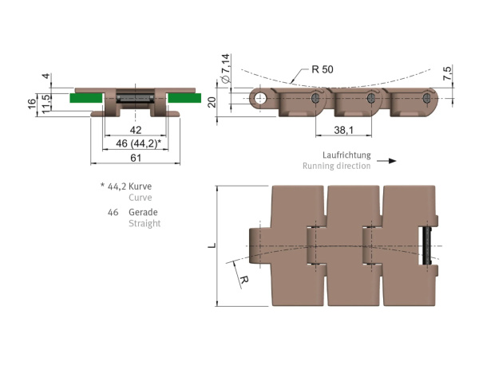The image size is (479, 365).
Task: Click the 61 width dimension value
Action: tap(136, 158)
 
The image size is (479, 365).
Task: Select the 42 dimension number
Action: tap(136, 130)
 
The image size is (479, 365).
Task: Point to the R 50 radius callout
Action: tap(323, 69)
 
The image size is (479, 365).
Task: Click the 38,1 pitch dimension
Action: tap(343, 130)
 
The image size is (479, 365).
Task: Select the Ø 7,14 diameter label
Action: tap(225, 69)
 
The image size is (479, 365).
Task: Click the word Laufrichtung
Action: tap(346, 155)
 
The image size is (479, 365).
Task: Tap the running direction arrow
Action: tap(386, 161)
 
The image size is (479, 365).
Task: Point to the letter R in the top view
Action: tap(244, 280)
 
